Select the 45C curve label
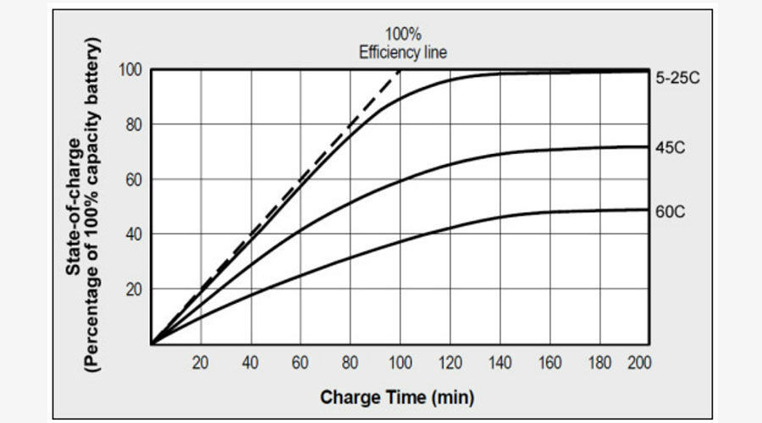point(670,147)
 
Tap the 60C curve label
point(670,211)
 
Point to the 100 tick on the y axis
point(132,69)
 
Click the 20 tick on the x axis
point(201,363)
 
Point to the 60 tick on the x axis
point(301,363)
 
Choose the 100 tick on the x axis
point(400,363)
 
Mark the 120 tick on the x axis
point(450,363)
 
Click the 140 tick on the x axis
point(500,363)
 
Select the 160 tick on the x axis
point(549,363)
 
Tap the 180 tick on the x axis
point(599,363)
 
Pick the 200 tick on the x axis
point(639,363)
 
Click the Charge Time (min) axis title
point(397,397)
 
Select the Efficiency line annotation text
point(402,52)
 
